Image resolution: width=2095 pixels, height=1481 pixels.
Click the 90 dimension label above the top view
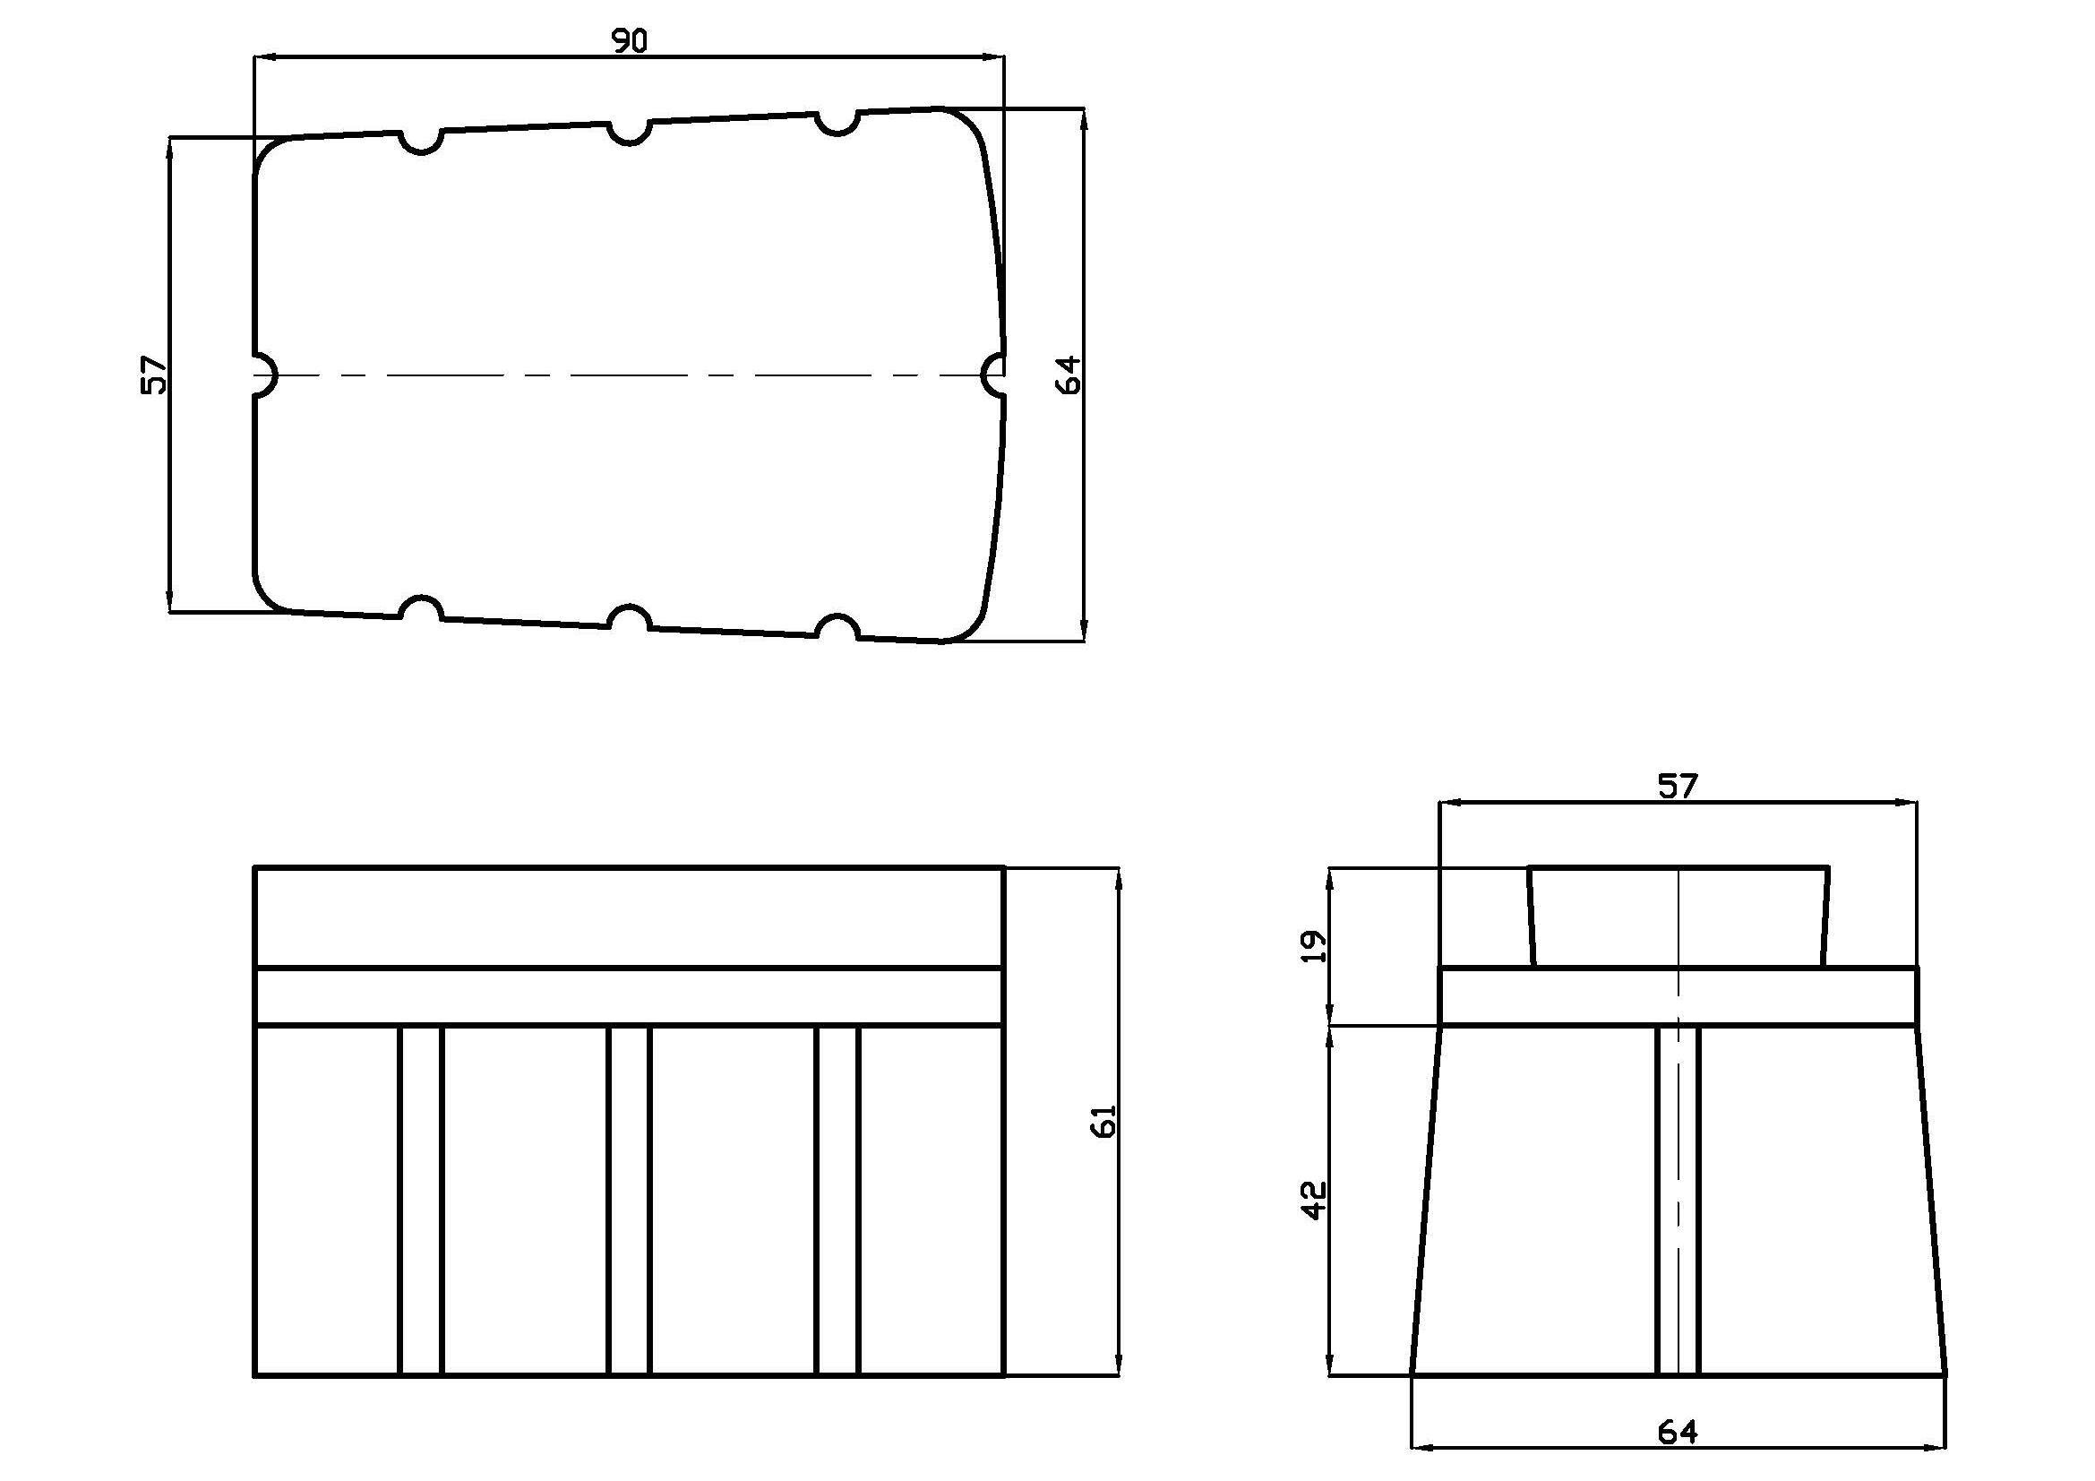point(630,41)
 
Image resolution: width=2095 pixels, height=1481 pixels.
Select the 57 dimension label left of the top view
point(155,375)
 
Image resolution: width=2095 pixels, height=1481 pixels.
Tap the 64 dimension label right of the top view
point(1068,375)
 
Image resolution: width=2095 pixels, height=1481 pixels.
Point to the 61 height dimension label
point(1104,1122)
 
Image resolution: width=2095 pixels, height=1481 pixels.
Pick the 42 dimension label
point(1313,1200)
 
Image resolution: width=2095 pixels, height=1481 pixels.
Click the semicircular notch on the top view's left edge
point(264,375)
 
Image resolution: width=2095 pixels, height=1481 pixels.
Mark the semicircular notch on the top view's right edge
point(993,375)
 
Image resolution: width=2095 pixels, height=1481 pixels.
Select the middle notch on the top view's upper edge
point(629,133)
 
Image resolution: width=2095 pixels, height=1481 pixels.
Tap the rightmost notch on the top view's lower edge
point(837,628)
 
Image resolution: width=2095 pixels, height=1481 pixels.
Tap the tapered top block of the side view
point(1679,917)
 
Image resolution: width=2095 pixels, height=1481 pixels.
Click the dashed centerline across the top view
point(630,375)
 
